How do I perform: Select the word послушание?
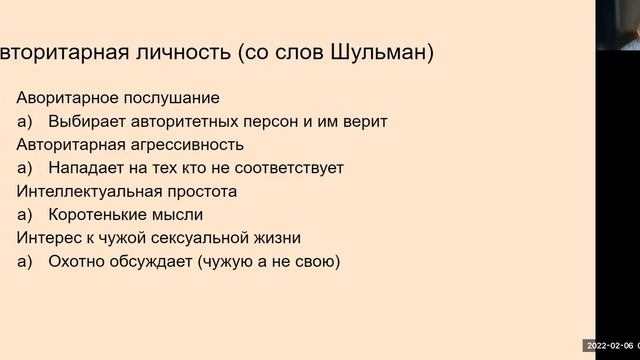(x=176, y=98)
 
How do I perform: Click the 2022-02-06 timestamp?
(x=606, y=345)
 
